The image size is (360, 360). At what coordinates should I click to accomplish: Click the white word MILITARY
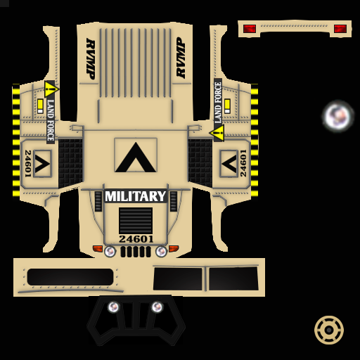(136, 196)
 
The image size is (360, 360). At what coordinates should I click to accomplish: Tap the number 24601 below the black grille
(136, 239)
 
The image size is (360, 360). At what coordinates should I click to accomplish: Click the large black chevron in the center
(136, 157)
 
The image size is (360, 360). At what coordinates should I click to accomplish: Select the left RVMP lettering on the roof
(91, 59)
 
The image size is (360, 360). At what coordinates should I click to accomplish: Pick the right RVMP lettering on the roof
(181, 58)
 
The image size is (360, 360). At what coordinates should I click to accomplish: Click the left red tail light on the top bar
(250, 29)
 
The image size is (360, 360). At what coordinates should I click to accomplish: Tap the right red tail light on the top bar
(340, 29)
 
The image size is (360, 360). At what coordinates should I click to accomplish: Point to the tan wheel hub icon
(329, 330)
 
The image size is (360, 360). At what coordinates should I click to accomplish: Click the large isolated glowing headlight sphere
(337, 116)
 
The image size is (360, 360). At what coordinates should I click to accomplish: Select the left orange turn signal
(98, 248)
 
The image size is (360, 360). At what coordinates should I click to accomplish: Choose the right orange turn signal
(174, 248)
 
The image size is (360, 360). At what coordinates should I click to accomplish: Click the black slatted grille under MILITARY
(136, 220)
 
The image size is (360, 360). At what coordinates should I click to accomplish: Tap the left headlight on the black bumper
(113, 307)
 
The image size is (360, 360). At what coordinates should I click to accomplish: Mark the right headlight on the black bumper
(157, 307)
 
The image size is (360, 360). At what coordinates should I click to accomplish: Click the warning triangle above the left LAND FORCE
(51, 89)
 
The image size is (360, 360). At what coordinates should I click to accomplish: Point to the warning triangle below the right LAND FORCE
(217, 133)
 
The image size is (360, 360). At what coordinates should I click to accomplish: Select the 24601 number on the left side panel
(28, 163)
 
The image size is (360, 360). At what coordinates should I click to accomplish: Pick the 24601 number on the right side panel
(243, 163)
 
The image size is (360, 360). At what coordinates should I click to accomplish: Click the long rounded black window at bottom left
(70, 277)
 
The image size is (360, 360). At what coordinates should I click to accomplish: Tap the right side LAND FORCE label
(218, 103)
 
